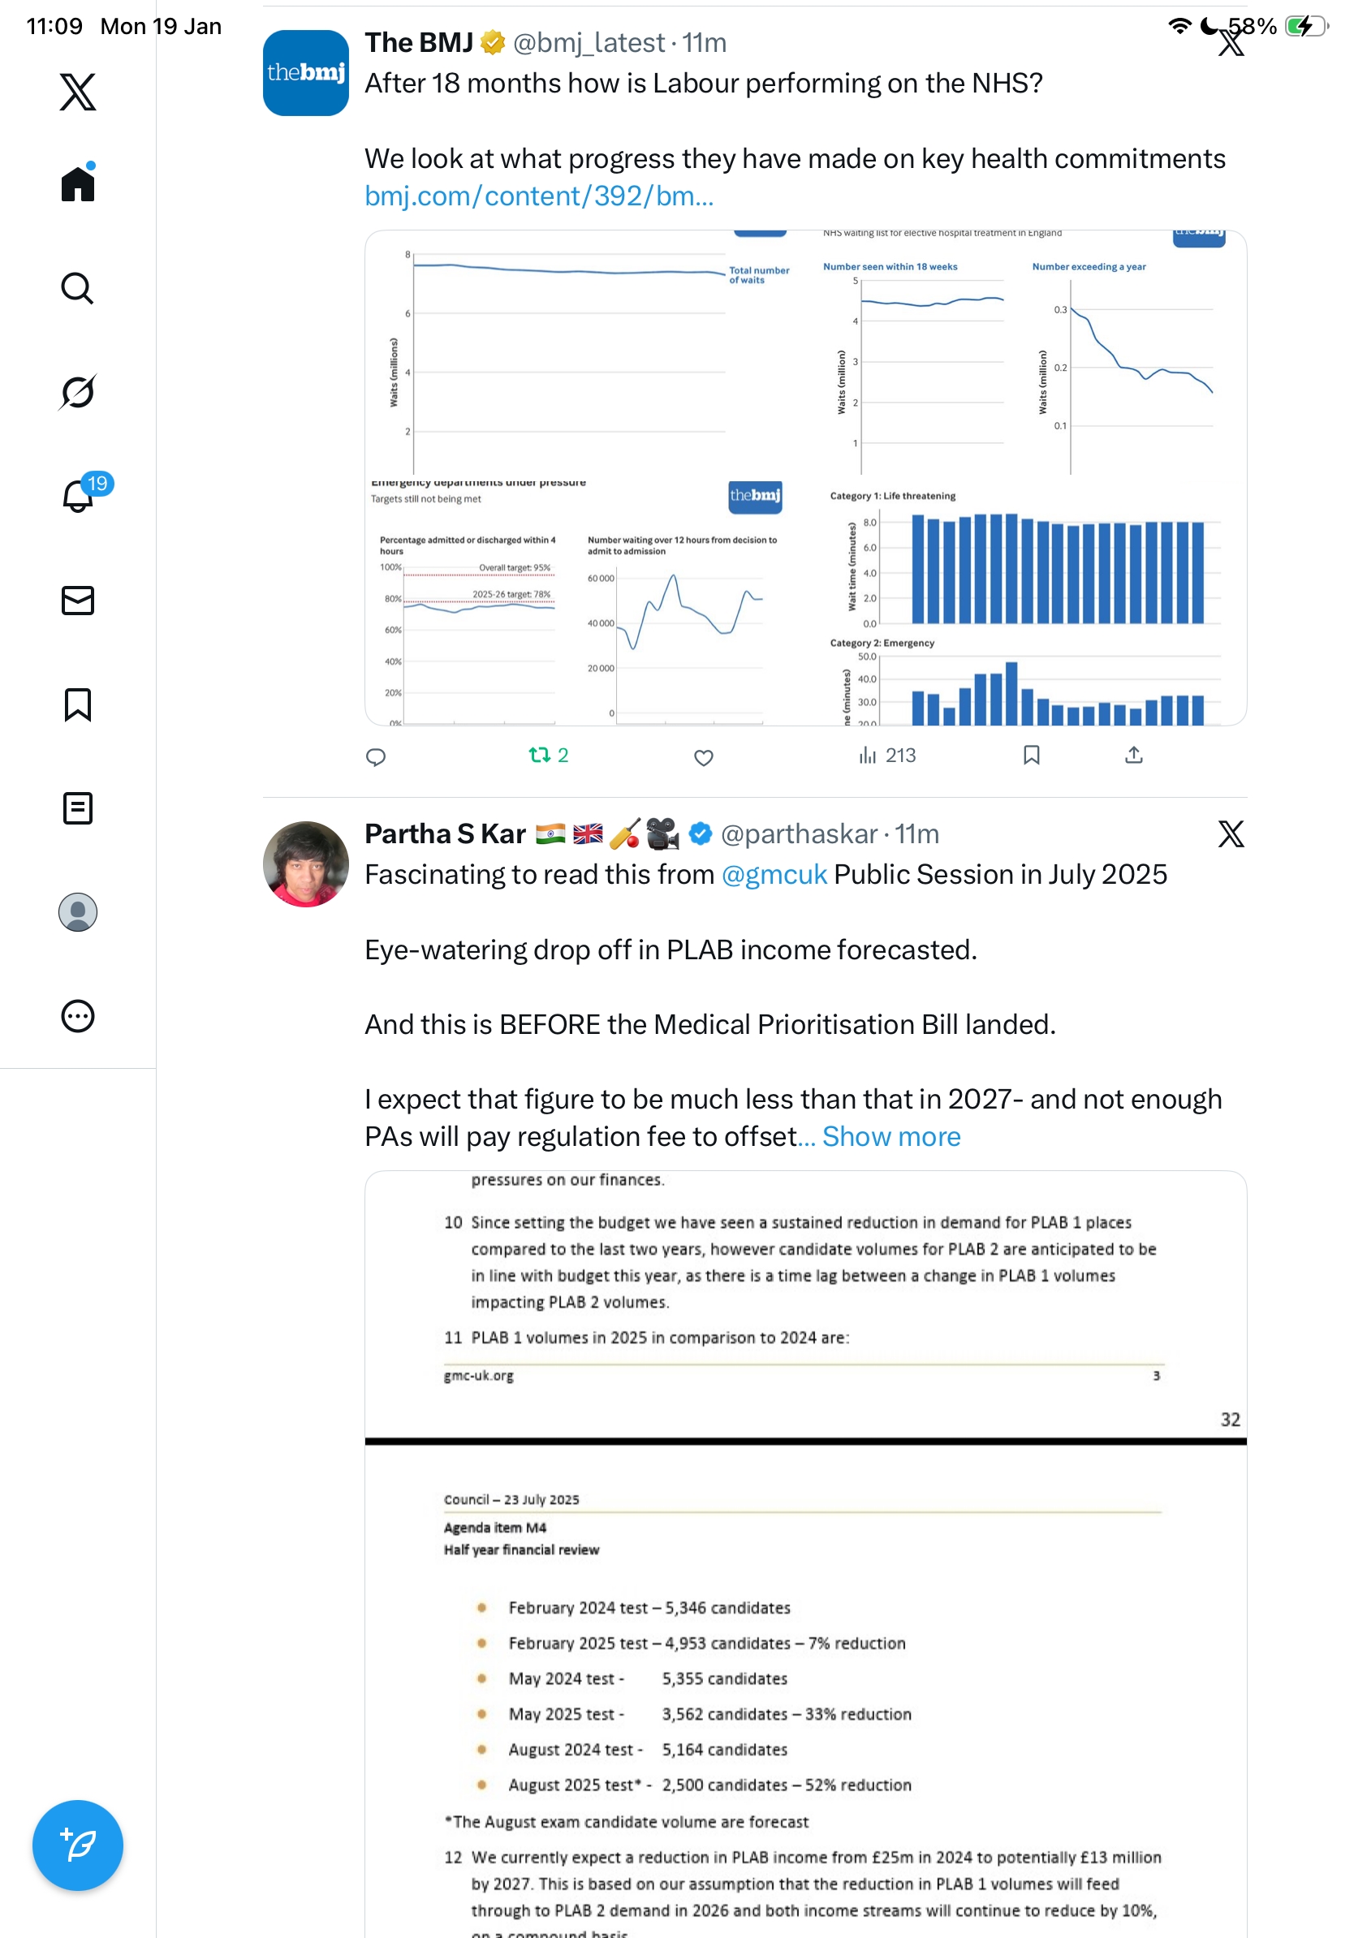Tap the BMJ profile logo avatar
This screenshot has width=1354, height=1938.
coord(305,72)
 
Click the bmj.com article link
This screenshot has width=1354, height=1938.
coord(538,196)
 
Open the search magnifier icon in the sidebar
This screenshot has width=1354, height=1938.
coord(78,288)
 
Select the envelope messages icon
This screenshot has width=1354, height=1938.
coord(78,600)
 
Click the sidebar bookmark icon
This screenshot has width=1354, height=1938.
coord(78,704)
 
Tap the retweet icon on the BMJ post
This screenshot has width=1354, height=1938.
coord(538,755)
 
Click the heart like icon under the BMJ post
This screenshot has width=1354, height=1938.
coord(703,756)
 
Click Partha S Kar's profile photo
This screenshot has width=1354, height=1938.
coord(305,863)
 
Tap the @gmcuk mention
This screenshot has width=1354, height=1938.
coord(774,875)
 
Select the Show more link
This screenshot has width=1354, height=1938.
coord(890,1136)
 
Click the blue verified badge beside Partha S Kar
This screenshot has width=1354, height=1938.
coord(700,834)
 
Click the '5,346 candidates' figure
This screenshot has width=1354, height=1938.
coord(727,1607)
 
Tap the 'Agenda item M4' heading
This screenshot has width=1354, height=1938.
coord(494,1527)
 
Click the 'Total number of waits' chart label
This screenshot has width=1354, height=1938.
coord(758,275)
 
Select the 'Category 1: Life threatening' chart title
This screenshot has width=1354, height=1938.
coord(892,496)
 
